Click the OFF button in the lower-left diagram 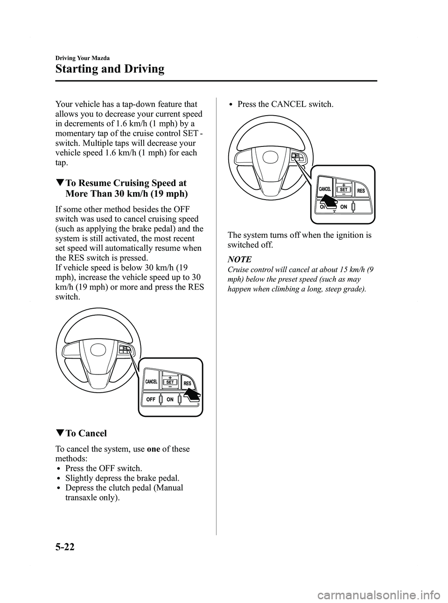[151, 400]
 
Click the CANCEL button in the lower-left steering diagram [151, 382]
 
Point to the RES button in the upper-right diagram [361, 191]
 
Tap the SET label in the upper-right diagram [343, 190]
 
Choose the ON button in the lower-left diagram [170, 400]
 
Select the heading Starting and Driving [110, 69]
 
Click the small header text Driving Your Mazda [83, 58]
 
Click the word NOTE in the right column [239, 259]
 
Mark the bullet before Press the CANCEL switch [232, 104]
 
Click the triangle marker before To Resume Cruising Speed [59, 183]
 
